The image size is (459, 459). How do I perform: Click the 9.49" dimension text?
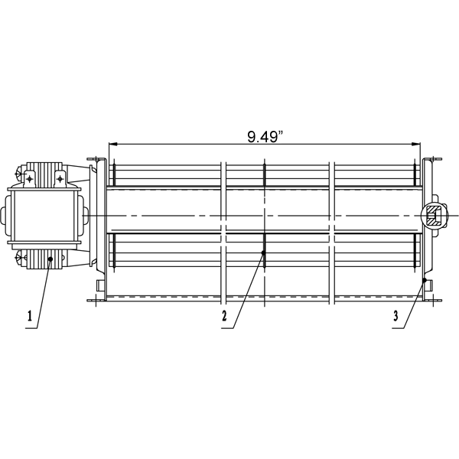(264, 137)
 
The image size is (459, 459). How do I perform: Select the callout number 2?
(224, 315)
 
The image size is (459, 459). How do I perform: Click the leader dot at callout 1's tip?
(50, 260)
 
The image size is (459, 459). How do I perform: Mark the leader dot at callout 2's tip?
(262, 252)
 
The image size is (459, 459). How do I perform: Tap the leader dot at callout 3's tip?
(425, 282)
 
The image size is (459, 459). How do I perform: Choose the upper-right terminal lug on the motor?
(60, 177)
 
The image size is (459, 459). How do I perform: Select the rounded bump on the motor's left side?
(7, 216)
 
